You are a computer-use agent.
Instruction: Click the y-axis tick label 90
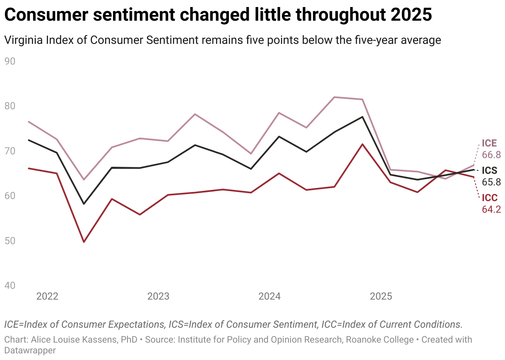10,61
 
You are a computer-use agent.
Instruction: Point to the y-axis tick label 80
10,106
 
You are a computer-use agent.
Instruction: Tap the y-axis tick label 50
10,241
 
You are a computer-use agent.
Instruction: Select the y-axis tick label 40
10,286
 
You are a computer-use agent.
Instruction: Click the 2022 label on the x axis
47,296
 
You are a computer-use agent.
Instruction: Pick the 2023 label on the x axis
158,296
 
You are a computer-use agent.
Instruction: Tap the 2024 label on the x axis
269,296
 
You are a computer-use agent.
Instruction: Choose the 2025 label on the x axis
381,296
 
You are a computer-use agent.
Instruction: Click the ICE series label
489,143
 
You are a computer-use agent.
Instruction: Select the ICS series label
489,170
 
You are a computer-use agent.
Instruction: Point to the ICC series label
490,198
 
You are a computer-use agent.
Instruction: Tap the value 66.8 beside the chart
491,155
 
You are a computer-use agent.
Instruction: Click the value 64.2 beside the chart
491,209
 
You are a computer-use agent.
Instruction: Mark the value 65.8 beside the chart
491,182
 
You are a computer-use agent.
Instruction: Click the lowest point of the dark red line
84,242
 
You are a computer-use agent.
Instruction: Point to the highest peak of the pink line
334,97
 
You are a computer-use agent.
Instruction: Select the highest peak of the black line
363,117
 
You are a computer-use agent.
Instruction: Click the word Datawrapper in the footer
30,350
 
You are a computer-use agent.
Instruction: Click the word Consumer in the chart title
45,15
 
